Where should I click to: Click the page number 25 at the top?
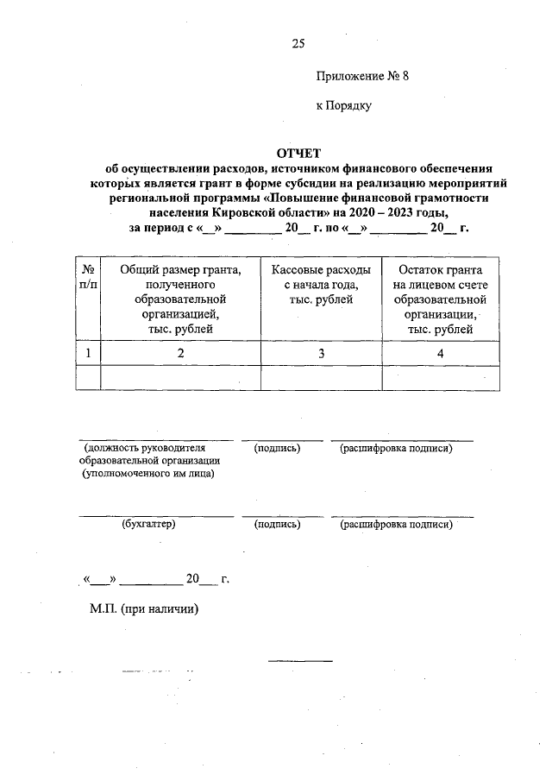click(298, 42)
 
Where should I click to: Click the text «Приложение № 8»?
click(361, 76)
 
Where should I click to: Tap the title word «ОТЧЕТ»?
click(298, 153)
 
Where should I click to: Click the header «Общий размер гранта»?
click(180, 269)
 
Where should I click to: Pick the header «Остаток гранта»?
click(440, 269)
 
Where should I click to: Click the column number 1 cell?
click(88, 352)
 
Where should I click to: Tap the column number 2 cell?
click(180, 352)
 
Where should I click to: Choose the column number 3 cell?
click(321, 352)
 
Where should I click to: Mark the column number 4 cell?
click(440, 352)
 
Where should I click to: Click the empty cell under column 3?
click(321, 378)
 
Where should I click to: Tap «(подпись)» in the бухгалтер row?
click(276, 524)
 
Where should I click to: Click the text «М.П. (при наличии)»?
click(143, 608)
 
